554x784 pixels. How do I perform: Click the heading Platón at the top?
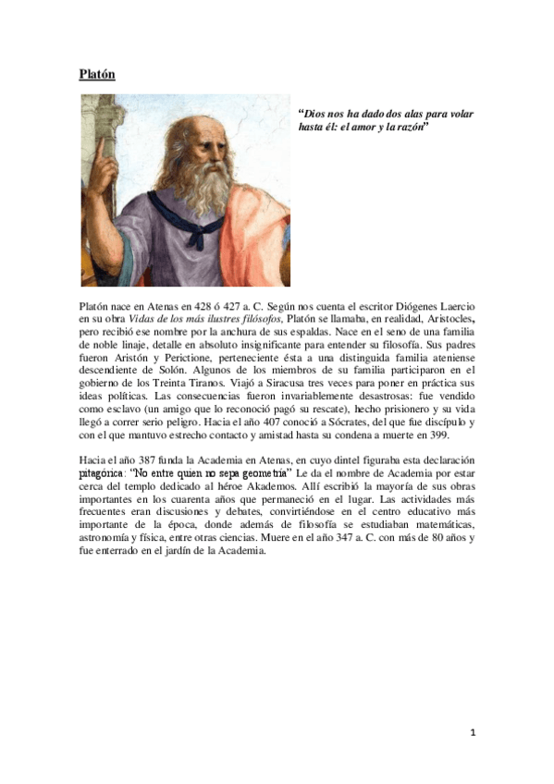point(97,74)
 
